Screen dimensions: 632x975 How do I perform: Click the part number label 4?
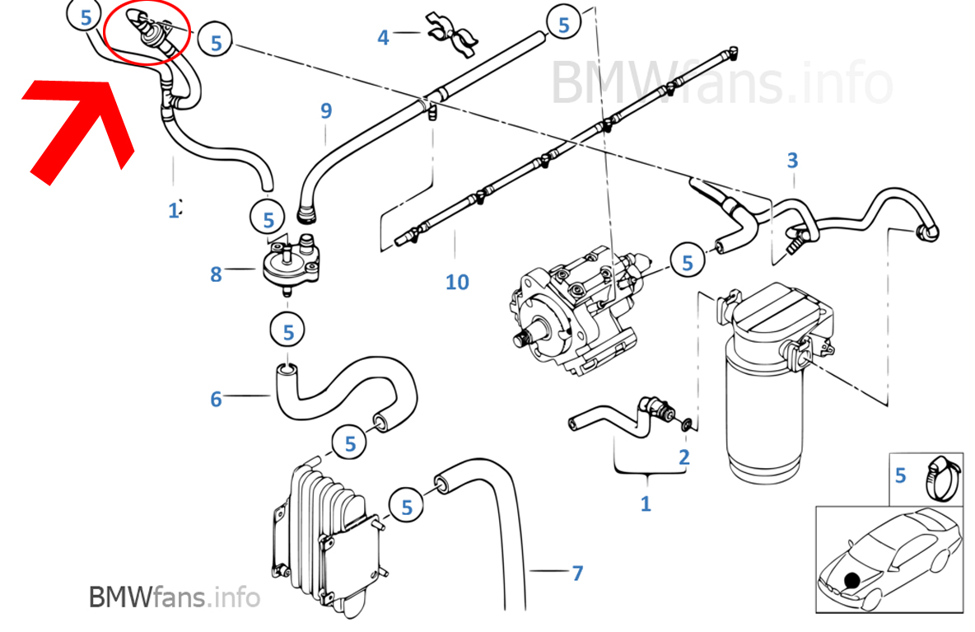pyautogui.click(x=383, y=37)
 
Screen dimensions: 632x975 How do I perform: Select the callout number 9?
pyautogui.click(x=326, y=110)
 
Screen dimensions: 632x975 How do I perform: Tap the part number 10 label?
pyautogui.click(x=457, y=283)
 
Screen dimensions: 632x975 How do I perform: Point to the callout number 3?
pyautogui.click(x=792, y=160)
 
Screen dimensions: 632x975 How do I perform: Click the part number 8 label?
pyautogui.click(x=216, y=274)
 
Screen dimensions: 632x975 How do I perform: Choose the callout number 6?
pyautogui.click(x=216, y=400)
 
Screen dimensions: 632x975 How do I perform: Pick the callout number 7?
pyautogui.click(x=577, y=573)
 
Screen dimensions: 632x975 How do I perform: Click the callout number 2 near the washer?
pyautogui.click(x=684, y=457)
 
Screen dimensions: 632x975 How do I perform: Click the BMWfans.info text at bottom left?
pyautogui.click(x=174, y=597)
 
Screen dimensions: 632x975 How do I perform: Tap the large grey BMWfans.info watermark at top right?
pyautogui.click(x=721, y=83)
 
